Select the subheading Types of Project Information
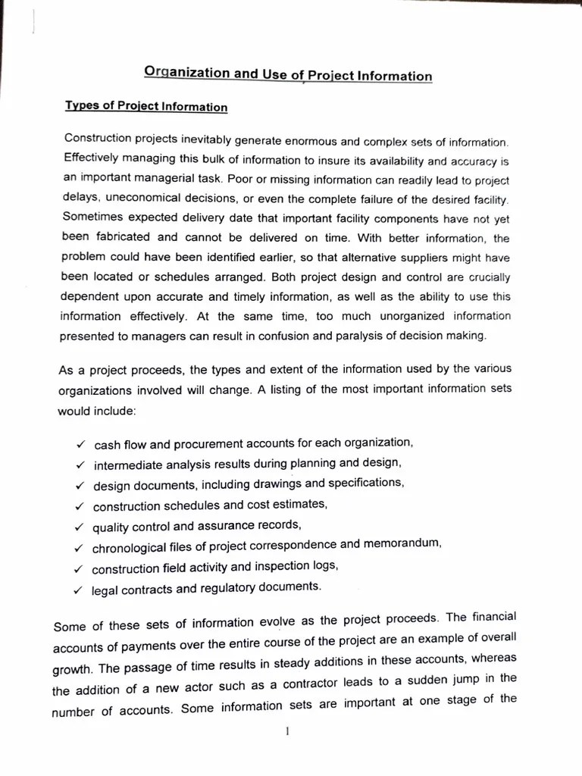pyautogui.click(x=146, y=106)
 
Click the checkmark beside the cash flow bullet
pyautogui.click(x=80, y=443)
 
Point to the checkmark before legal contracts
pyautogui.click(x=77, y=588)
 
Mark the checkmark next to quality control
pyautogui.click(x=79, y=527)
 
